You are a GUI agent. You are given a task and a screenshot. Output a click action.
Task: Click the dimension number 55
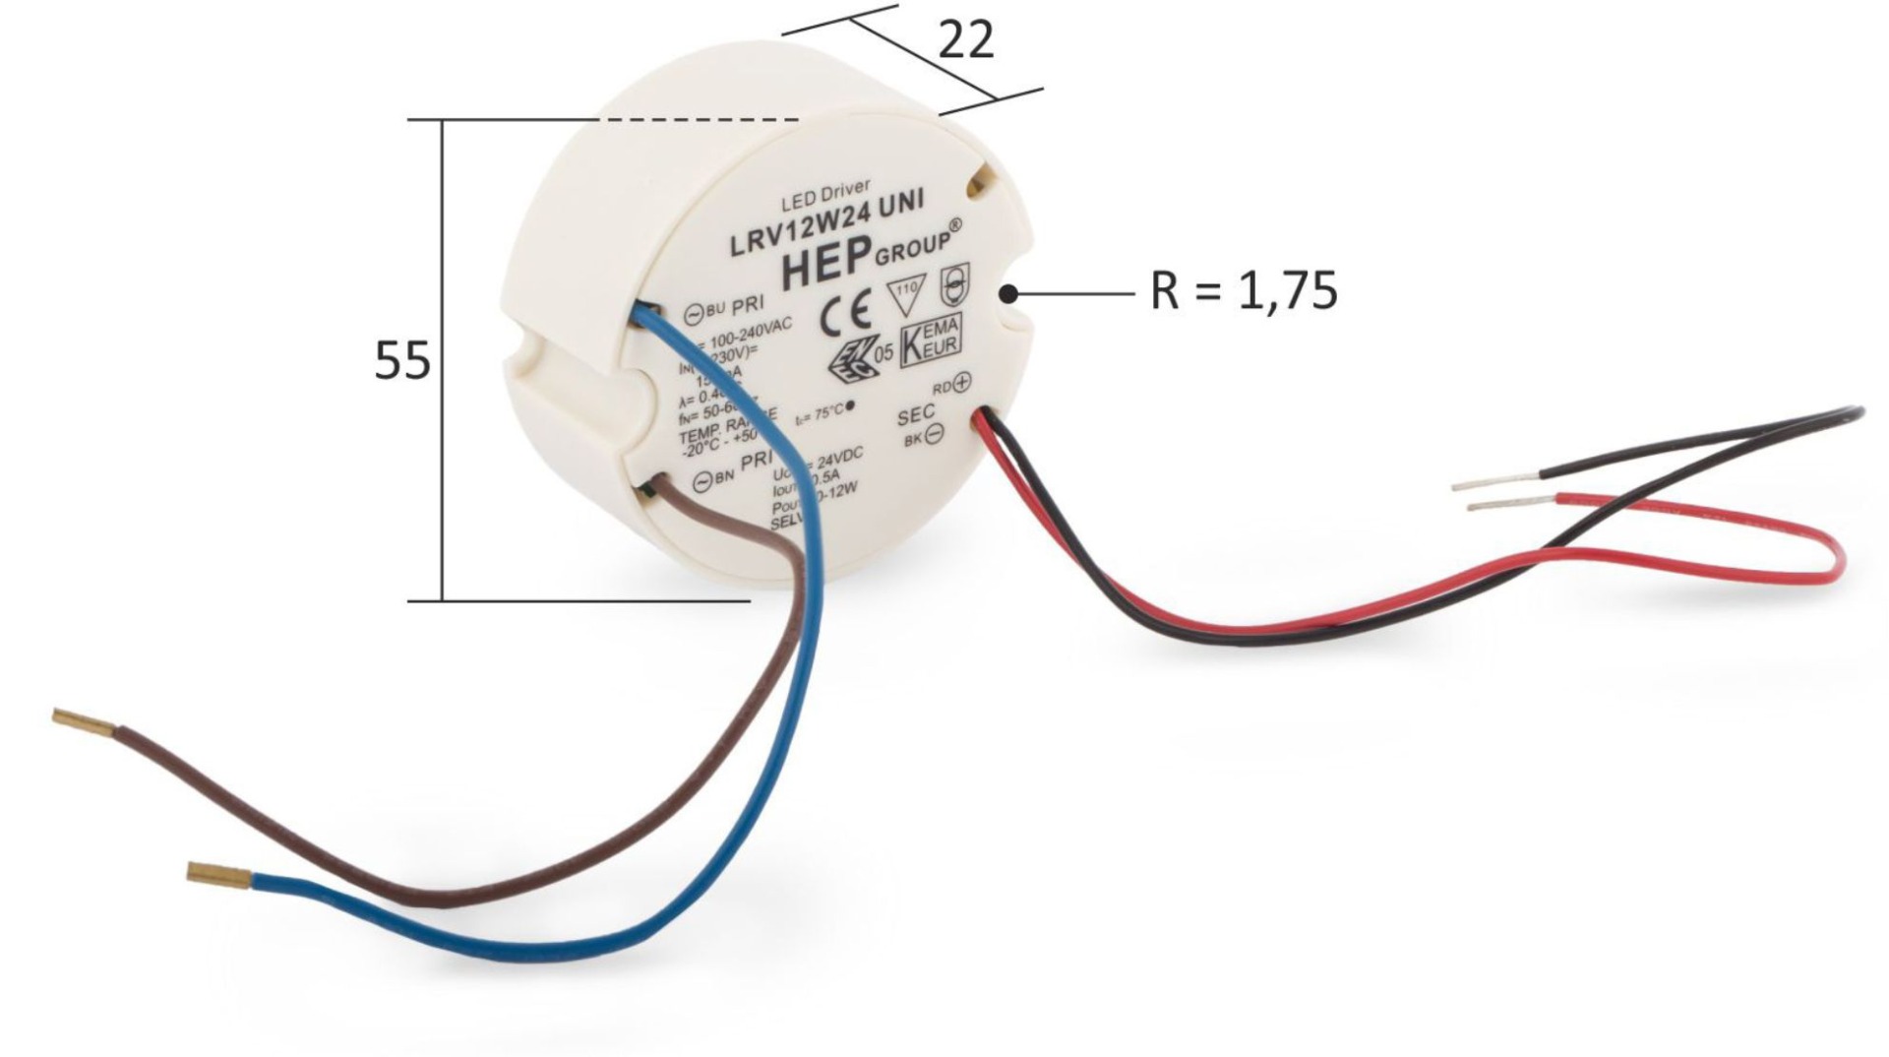tap(402, 361)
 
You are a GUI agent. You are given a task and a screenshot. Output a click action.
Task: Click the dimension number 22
tap(965, 41)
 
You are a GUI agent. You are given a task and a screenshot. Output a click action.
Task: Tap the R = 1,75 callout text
tap(1244, 291)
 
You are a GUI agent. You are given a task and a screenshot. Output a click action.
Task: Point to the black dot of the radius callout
tap(1008, 293)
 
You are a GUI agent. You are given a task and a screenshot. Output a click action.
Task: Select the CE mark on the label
tap(845, 314)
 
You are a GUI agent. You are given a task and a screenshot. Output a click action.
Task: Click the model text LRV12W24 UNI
tap(826, 226)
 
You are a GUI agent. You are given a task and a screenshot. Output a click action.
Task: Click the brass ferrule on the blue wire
tap(218, 872)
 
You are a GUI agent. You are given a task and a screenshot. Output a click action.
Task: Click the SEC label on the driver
tap(915, 416)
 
